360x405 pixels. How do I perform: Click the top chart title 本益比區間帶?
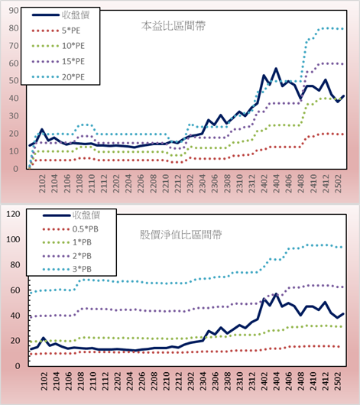[174, 26]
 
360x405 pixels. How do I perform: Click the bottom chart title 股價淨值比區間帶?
[180, 235]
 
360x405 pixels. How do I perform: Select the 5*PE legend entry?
[56, 31]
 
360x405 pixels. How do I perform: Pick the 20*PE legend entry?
[58, 77]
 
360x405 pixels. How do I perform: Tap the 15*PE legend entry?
[58, 61]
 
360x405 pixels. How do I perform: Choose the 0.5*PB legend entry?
[70, 229]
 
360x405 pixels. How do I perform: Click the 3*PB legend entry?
[67, 269]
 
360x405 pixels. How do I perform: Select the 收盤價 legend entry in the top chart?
[60, 15]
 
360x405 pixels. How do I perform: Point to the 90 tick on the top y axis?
[14, 11]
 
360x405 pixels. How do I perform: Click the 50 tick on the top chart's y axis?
[14, 80]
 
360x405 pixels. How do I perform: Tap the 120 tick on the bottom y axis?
[13, 214]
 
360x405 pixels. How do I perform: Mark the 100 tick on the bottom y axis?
[13, 239]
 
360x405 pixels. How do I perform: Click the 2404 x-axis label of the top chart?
[276, 183]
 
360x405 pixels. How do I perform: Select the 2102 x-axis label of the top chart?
[42, 183]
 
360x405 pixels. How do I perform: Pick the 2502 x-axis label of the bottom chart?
[339, 381]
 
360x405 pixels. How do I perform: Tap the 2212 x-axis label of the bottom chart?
[178, 381]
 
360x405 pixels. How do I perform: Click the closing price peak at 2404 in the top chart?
[276, 69]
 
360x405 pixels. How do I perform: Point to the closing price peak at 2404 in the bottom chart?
[276, 294]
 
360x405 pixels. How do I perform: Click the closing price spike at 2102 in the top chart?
[42, 129]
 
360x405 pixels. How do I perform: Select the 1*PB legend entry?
[67, 242]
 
